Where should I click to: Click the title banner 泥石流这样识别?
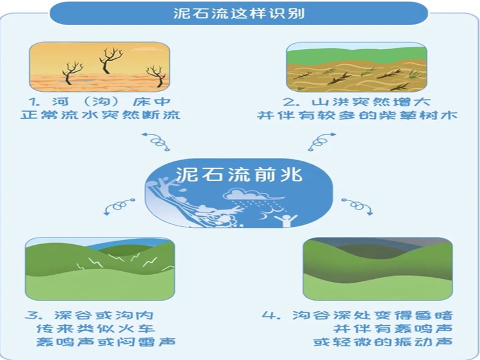point(239,13)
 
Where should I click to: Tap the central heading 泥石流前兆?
point(239,173)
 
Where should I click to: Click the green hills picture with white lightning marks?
point(100,268)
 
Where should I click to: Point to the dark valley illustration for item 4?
point(377,268)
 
